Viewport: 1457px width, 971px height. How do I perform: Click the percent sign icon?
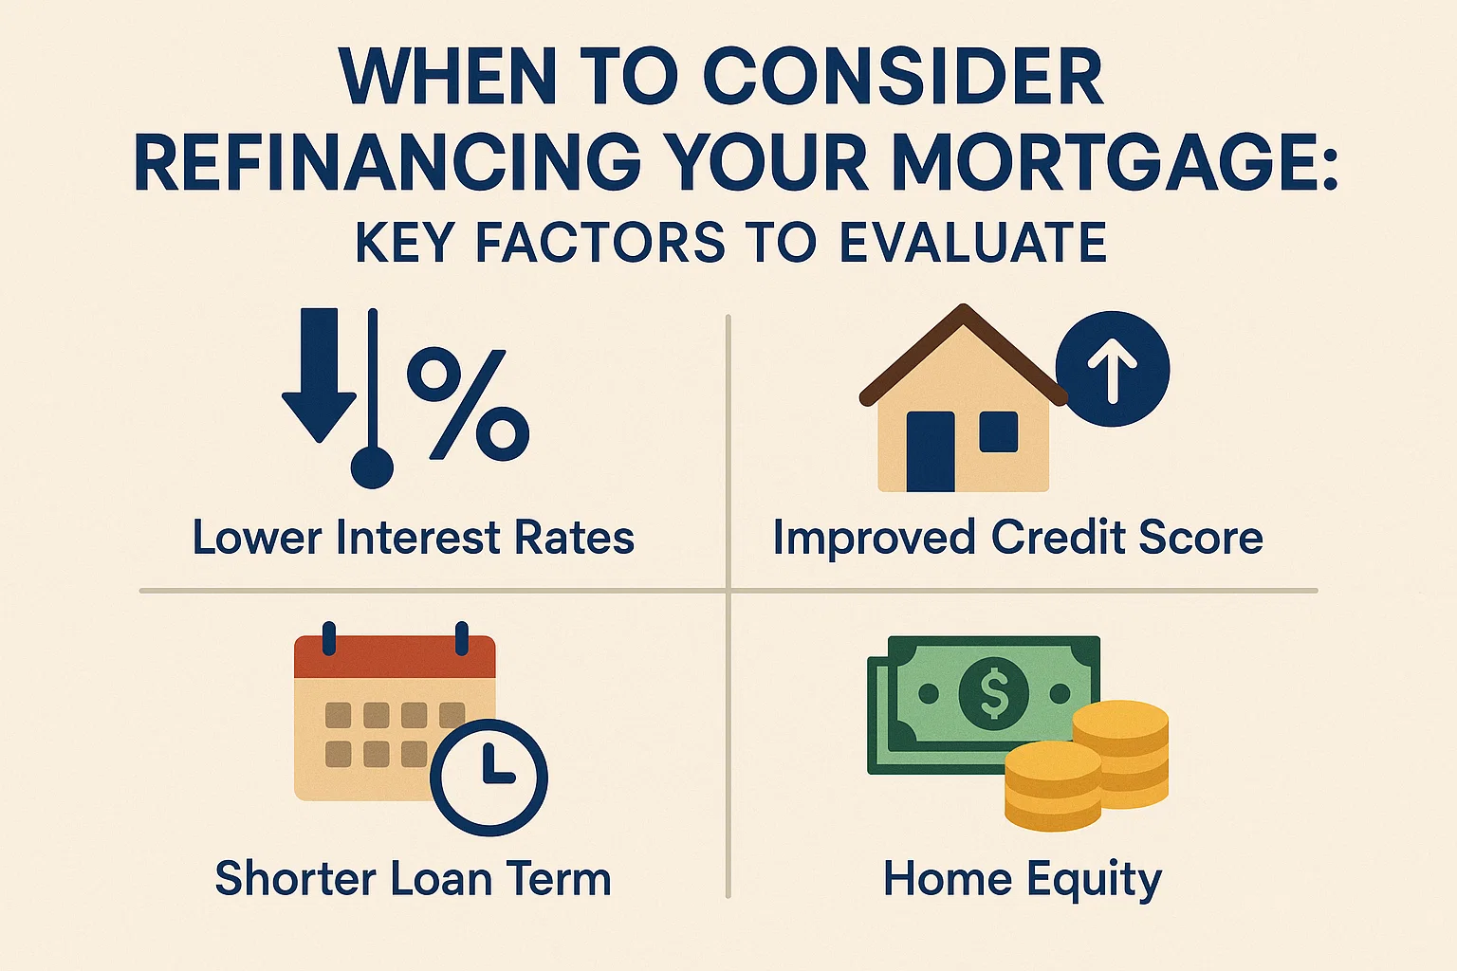468,402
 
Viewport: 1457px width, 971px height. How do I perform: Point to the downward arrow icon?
319,375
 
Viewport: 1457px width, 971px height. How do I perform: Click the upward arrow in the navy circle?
1113,369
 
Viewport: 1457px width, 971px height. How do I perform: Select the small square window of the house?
998,431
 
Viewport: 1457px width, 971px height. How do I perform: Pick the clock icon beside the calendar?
489,777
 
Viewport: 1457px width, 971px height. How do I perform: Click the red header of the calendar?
395,657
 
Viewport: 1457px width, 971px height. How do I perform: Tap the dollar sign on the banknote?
994,692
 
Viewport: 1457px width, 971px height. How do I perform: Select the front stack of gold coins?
1053,785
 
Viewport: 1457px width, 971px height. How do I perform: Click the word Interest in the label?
417,538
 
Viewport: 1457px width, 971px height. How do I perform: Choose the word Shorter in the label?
296,878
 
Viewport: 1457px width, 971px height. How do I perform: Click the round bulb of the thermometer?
372,467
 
